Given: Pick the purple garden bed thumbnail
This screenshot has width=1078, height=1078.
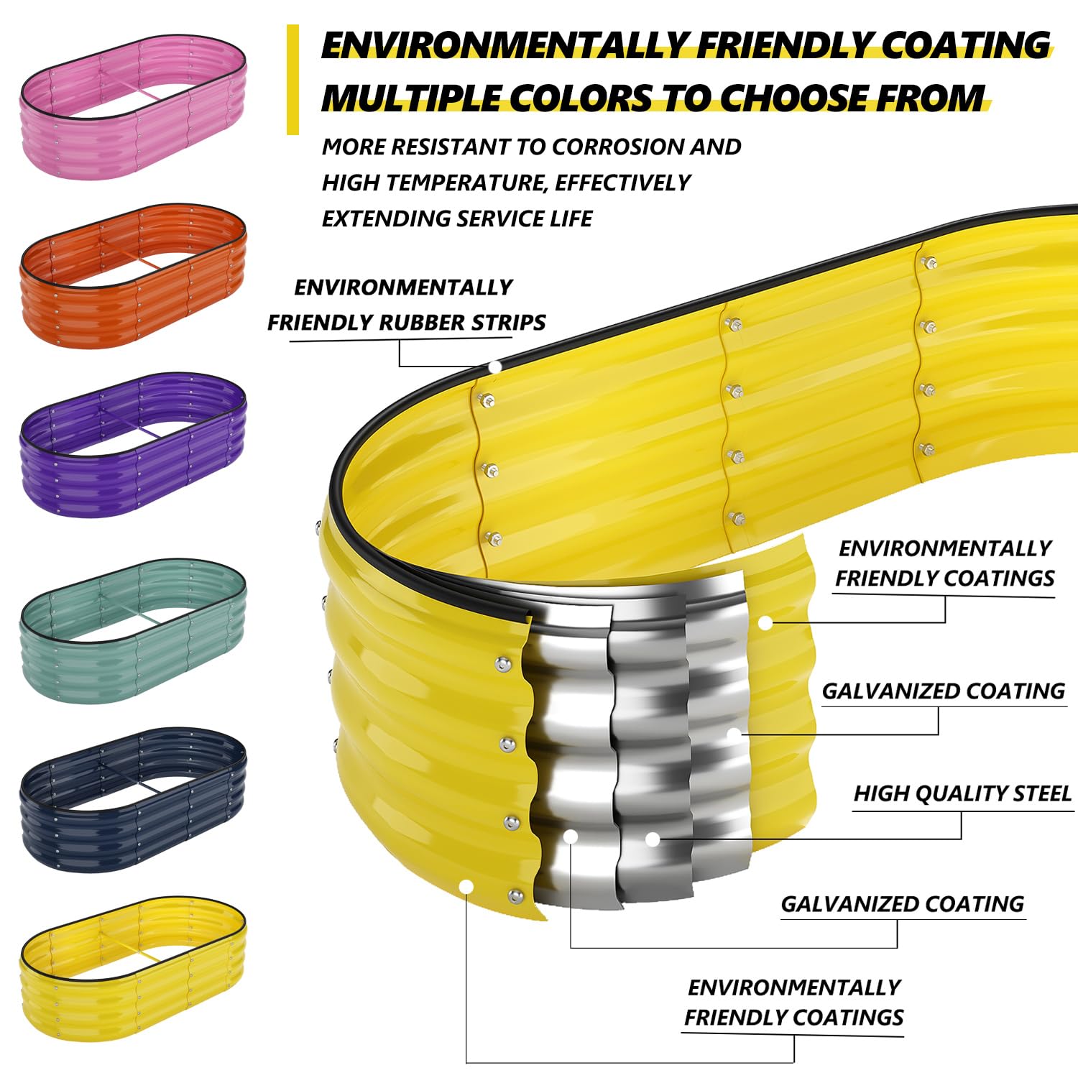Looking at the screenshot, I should point(133,445).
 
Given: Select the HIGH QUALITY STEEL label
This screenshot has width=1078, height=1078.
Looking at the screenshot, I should point(962,793).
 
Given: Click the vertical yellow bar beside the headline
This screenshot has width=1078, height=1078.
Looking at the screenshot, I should point(292,80).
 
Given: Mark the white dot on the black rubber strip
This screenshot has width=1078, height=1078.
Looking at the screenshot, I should point(494,367).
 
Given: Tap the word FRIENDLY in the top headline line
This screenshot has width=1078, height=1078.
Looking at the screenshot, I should point(786,45).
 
